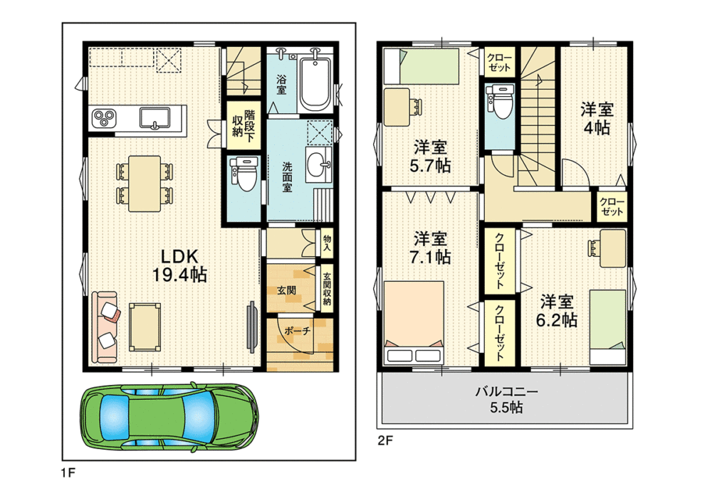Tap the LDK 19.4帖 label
coord(180,266)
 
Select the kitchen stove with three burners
coord(104,119)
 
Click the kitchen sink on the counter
coord(155,118)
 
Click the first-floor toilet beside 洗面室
coord(244,174)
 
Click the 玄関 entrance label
coord(286,290)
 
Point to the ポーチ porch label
coord(298,331)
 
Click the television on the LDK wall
coord(251,327)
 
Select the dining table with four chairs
coord(145,184)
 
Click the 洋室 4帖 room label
coord(597,118)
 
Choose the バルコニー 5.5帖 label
coord(506,399)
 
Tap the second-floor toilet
coord(500,102)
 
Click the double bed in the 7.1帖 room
coord(414,322)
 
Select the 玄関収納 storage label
coord(327,288)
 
